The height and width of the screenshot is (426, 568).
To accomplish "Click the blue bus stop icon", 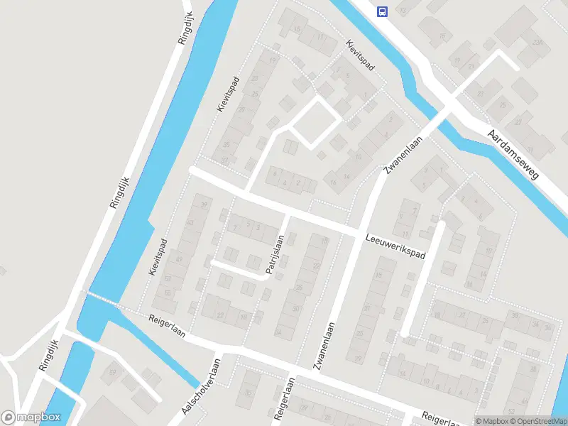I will point(383,11).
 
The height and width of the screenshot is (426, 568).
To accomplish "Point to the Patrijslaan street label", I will point(274,254).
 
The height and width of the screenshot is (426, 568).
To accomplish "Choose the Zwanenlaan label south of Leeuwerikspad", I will point(323,346).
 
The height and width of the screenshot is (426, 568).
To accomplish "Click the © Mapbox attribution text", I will point(492,421).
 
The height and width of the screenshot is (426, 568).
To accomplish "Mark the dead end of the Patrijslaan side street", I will point(212,262).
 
